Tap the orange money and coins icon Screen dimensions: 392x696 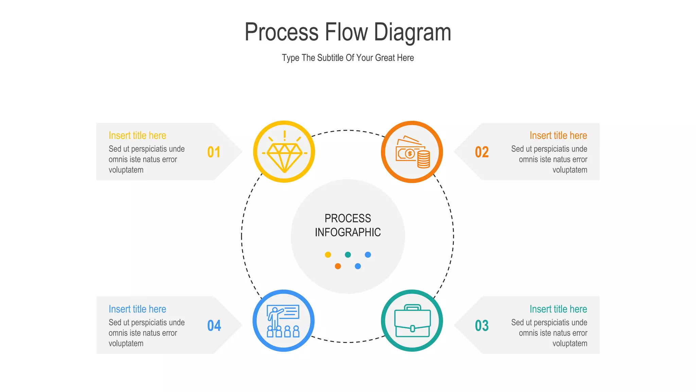[x=412, y=152]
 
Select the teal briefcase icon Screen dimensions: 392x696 [x=412, y=321]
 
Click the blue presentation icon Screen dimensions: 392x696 [x=283, y=321]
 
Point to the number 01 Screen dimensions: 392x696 [x=214, y=152]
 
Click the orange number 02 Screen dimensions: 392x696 [x=482, y=152]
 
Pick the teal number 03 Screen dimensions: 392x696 [x=482, y=326]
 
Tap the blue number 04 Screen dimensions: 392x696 [x=214, y=326]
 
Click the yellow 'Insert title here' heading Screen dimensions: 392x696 [x=137, y=135]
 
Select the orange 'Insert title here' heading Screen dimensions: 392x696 [x=558, y=135]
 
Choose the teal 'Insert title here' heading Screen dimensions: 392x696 [x=558, y=309]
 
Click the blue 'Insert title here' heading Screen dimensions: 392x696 [x=137, y=309]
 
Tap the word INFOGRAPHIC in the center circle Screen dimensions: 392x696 [x=348, y=232]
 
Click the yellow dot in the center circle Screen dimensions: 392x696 [x=328, y=255]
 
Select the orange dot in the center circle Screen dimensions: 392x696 [x=338, y=266]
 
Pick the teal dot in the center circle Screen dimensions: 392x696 [x=348, y=255]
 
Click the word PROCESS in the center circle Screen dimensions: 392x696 [x=348, y=218]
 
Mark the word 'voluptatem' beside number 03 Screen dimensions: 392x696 [x=570, y=343]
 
